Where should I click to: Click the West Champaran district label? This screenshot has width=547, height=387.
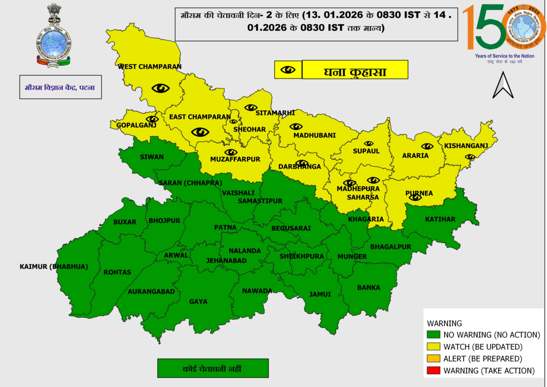click(x=150, y=67)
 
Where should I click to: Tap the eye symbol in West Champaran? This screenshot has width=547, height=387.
click(x=160, y=88)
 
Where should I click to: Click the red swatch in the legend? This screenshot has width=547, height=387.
click(x=433, y=371)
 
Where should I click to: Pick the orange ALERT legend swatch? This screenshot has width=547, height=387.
click(x=433, y=359)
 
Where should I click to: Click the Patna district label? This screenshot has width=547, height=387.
click(x=225, y=227)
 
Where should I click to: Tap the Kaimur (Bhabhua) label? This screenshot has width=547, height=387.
click(x=53, y=267)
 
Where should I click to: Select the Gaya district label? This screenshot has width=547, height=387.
click(x=198, y=301)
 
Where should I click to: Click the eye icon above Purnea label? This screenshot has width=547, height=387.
click(x=415, y=197)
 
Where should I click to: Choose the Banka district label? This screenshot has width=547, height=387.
click(x=369, y=288)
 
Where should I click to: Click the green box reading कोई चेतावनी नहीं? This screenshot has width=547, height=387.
click(x=213, y=368)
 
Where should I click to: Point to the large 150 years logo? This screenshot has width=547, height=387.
click(x=504, y=28)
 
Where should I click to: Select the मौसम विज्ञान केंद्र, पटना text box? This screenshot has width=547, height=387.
click(x=60, y=87)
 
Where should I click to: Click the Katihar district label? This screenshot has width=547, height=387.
click(x=440, y=220)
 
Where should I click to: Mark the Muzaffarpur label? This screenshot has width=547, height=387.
click(x=235, y=160)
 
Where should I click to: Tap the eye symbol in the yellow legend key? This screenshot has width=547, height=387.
click(x=288, y=70)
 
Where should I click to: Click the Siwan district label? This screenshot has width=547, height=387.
click(x=152, y=157)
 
